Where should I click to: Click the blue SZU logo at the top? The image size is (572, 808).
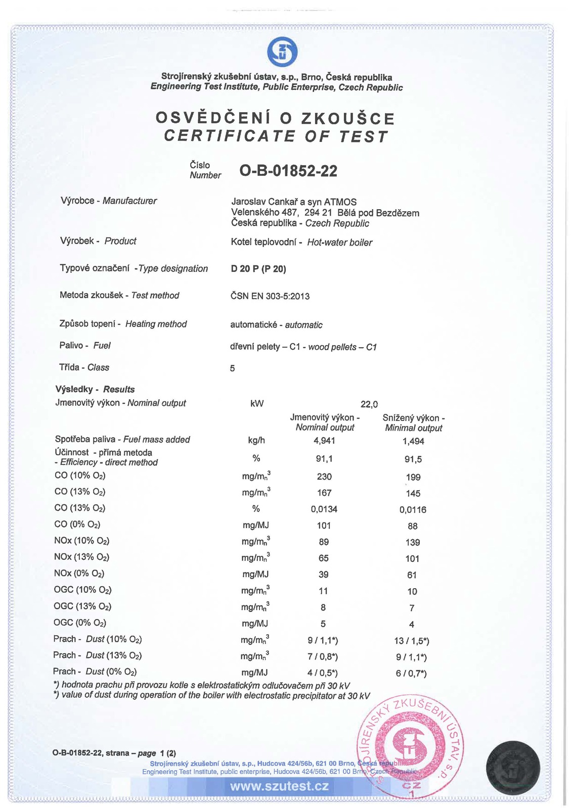[282, 53]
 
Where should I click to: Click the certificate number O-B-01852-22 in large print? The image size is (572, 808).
[288, 171]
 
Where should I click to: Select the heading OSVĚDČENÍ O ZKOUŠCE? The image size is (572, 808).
[275, 118]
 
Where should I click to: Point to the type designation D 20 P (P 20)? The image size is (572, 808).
[258, 269]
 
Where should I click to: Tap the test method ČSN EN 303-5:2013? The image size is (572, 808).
[270, 296]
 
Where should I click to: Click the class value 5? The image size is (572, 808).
[232, 368]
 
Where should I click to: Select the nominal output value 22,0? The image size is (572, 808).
[369, 404]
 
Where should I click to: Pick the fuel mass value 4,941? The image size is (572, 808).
[324, 441]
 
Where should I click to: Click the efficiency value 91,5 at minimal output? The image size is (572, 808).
[413, 459]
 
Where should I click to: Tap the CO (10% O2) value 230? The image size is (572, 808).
[324, 477]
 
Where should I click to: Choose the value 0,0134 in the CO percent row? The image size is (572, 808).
[324, 509]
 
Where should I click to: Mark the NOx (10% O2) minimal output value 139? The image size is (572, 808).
[413, 542]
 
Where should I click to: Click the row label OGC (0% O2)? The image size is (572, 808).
[80, 623]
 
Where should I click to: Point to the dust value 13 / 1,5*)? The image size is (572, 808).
[411, 641]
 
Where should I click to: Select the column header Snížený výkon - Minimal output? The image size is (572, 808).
[413, 423]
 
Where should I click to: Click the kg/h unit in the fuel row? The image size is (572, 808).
[256, 441]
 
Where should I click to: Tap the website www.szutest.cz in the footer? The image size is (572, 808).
[279, 786]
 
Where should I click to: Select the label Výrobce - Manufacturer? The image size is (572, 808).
[108, 201]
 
